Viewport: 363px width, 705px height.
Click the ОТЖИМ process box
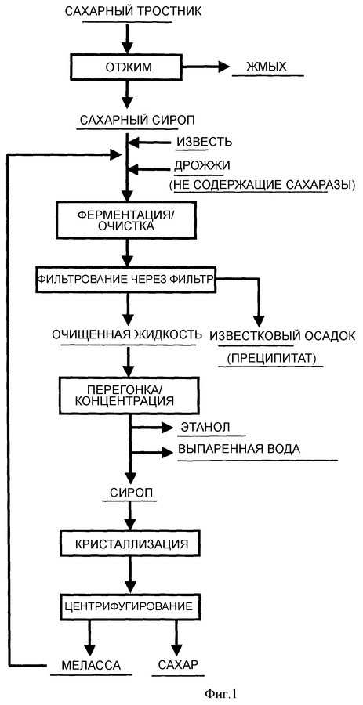click(x=128, y=67)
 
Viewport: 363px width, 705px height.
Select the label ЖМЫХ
click(x=266, y=67)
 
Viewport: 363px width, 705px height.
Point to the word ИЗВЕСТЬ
click(x=203, y=143)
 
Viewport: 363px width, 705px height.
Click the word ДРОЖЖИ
click(x=202, y=165)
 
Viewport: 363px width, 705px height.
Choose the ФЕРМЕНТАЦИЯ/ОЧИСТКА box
click(x=128, y=219)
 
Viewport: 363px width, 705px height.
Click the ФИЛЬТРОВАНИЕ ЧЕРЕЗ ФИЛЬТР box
click(x=126, y=279)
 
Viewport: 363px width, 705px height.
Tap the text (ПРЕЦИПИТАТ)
click(x=271, y=359)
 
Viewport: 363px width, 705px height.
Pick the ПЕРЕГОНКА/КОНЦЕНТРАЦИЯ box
click(x=129, y=394)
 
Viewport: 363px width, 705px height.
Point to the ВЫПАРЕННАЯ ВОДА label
click(x=239, y=450)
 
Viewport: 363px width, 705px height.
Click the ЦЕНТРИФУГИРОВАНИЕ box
click(x=129, y=606)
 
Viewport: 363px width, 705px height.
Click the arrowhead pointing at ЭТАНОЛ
click(x=168, y=427)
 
